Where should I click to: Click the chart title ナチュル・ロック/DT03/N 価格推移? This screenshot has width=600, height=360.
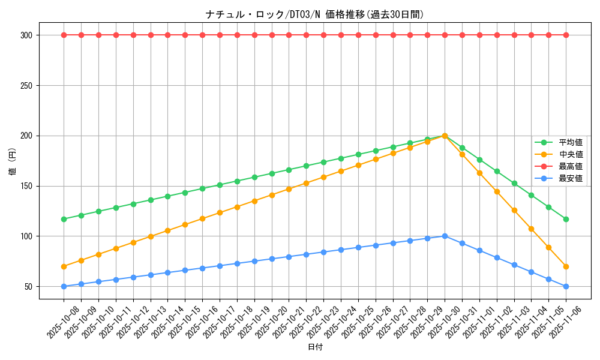tap(314, 15)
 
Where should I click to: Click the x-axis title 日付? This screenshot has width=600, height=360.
tap(315, 347)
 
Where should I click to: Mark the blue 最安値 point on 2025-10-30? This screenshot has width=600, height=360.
tap(445, 236)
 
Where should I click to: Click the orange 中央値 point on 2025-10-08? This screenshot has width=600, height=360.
tap(64, 266)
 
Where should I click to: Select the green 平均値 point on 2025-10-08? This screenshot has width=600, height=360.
tap(64, 219)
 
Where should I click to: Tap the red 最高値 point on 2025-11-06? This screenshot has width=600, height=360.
tap(566, 35)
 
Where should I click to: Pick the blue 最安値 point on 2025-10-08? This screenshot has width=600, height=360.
tap(64, 286)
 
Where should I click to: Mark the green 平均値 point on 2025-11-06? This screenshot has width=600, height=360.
tap(566, 219)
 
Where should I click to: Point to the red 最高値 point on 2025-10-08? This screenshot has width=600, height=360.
tap(64, 35)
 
